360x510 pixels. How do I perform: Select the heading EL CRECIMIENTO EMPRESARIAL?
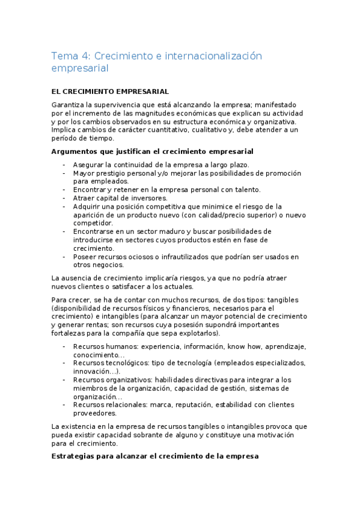pos(111,91)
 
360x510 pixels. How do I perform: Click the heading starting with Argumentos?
pos(153,151)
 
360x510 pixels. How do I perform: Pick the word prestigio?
pos(116,173)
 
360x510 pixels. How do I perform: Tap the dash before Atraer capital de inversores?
pos(64,198)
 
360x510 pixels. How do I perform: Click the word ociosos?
pos(141,256)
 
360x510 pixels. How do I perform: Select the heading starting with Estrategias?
pos(155,456)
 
